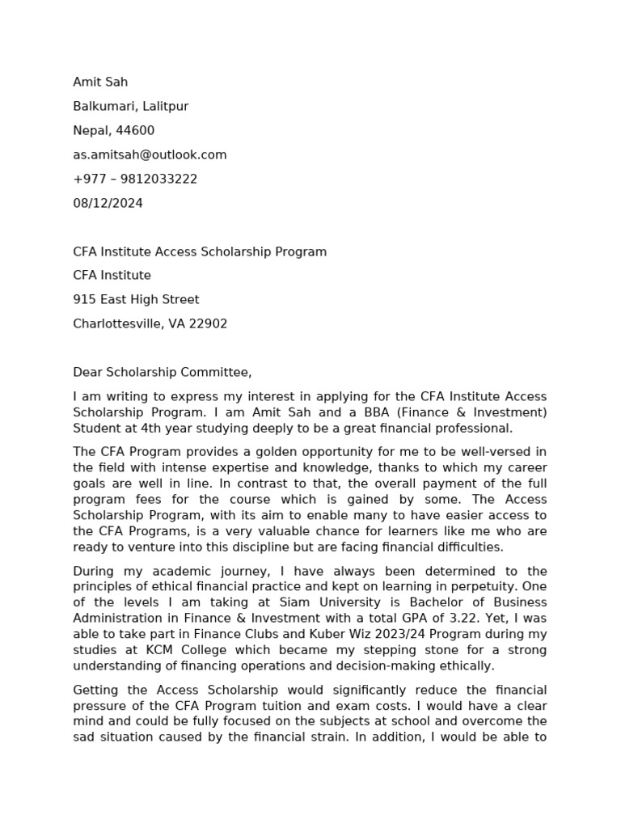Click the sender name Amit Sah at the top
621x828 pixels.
point(100,82)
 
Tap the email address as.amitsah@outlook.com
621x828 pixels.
point(150,154)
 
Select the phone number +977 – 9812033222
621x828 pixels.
point(135,179)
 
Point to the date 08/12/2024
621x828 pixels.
point(108,203)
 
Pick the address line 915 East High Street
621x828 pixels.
point(136,299)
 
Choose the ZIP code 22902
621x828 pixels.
point(209,323)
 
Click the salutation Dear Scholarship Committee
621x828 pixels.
point(162,372)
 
